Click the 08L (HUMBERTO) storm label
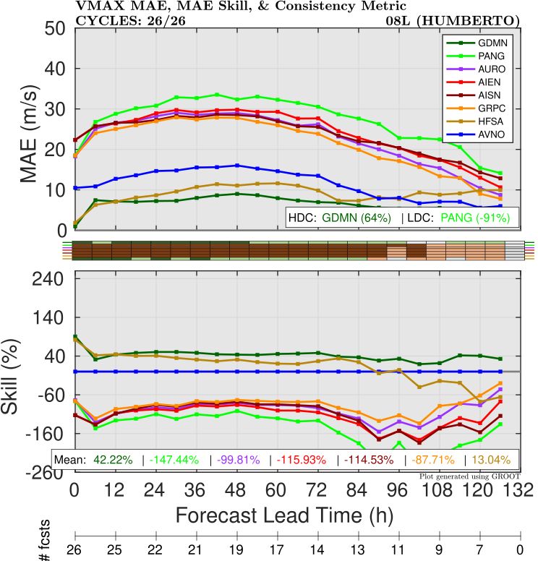pos(453,19)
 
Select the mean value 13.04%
pos(491,459)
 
